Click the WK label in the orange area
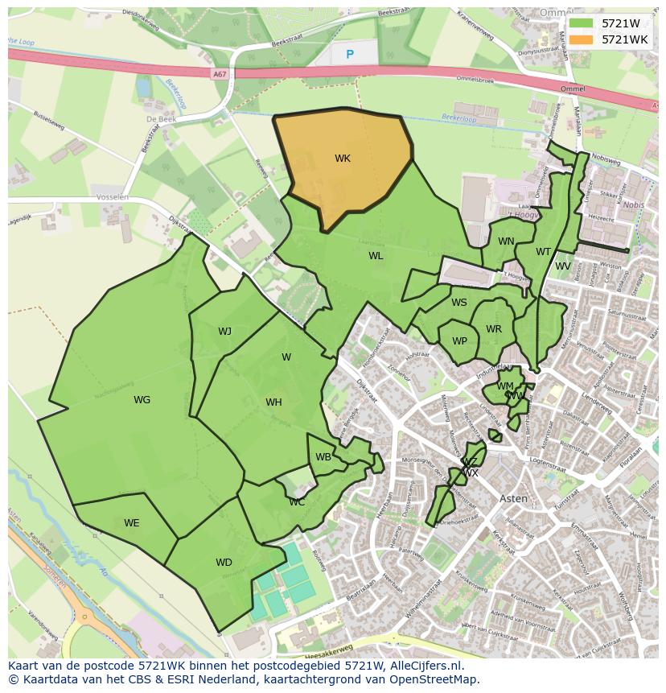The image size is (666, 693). pos(343,159)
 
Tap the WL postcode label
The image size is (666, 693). pos(376,256)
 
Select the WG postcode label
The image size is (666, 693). pos(142,400)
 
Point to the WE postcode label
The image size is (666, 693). pos(132,523)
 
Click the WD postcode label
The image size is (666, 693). pos(224,563)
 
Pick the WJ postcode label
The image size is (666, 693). pos(224,332)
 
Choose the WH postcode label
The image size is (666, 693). pos(273,402)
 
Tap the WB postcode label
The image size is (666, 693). pos(323,457)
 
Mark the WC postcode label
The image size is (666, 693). pos(297,502)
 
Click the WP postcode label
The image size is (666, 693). pos(459,341)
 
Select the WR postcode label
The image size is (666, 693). pos(494,329)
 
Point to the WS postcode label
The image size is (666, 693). pos(459,303)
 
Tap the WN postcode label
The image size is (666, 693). pos(506,241)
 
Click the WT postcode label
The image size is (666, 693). pos(544,252)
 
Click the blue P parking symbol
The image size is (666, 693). pos(349,55)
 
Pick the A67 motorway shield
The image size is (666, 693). pos(220,73)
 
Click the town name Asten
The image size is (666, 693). pos(514,498)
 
